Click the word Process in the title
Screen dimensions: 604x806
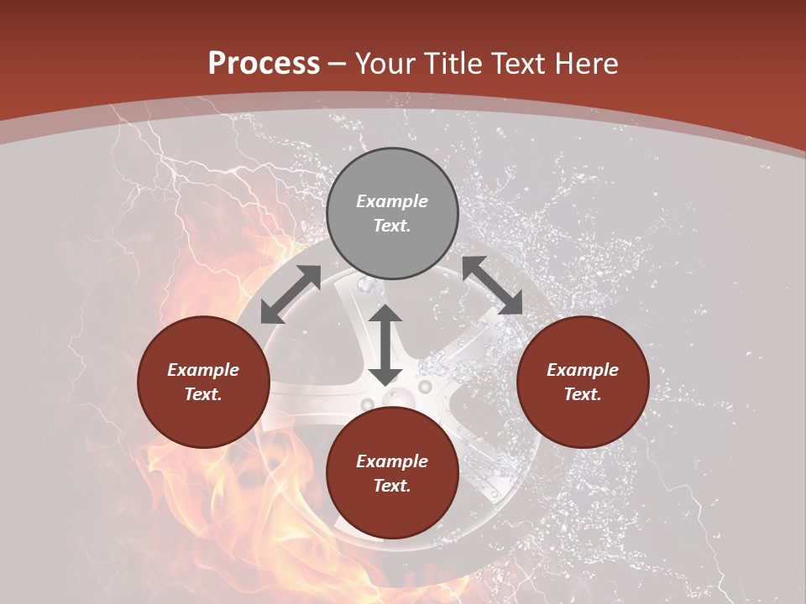pyautogui.click(x=264, y=64)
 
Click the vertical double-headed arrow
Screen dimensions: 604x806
pyautogui.click(x=385, y=345)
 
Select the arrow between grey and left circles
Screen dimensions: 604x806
pyautogui.click(x=290, y=294)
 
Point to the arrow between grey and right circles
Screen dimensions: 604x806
pyautogui.click(x=492, y=286)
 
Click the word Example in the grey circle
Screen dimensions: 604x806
pyautogui.click(x=392, y=201)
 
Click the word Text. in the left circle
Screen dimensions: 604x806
pyautogui.click(x=203, y=394)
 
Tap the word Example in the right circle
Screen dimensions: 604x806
pyautogui.click(x=583, y=370)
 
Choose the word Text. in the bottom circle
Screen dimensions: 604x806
pyautogui.click(x=392, y=486)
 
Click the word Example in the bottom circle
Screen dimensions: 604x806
pyautogui.click(x=392, y=461)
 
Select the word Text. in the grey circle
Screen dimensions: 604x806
pyautogui.click(x=392, y=226)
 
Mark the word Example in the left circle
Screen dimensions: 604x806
pyautogui.click(x=203, y=370)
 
